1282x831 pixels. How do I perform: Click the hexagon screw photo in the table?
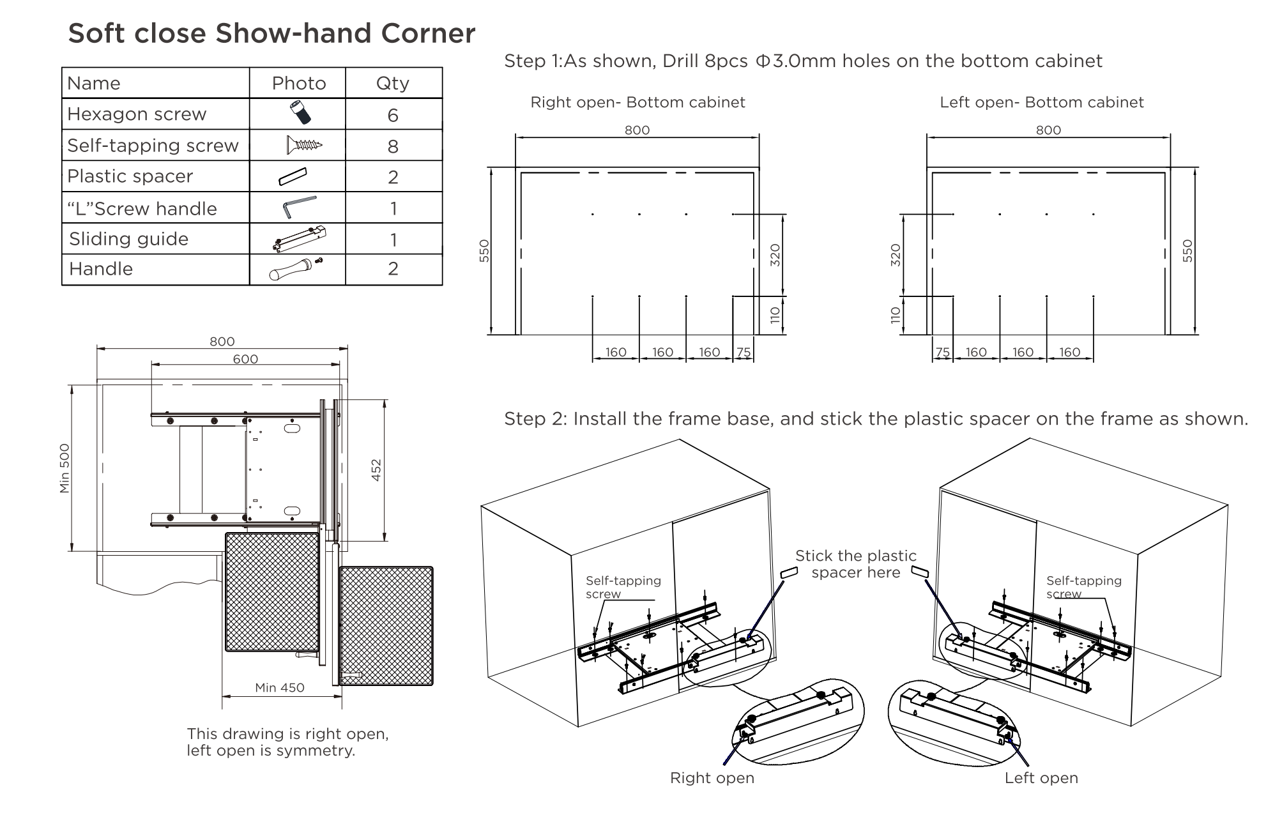(x=300, y=113)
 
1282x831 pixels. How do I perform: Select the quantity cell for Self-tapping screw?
(x=393, y=146)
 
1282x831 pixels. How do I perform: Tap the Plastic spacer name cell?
(x=130, y=176)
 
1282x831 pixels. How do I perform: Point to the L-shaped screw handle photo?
(x=298, y=207)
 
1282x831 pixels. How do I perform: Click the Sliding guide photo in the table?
(x=299, y=239)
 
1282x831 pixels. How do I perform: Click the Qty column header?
(x=392, y=83)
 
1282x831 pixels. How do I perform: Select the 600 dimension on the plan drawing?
(x=245, y=359)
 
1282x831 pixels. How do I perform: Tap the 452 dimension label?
(x=376, y=470)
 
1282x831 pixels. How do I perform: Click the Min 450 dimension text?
(x=280, y=688)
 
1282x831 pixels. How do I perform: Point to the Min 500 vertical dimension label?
(x=65, y=468)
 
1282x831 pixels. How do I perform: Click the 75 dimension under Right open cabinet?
(x=744, y=352)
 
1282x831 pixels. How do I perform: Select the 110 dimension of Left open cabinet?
(x=896, y=316)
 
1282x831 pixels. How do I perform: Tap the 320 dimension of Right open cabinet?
(x=775, y=255)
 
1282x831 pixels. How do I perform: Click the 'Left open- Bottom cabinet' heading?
(x=1041, y=102)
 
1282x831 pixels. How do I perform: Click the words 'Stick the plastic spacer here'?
(x=855, y=564)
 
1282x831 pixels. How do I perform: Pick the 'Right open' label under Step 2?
(x=712, y=778)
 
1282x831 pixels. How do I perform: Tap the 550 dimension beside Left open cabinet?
(x=1187, y=250)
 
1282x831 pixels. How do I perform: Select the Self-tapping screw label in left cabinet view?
(x=623, y=587)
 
